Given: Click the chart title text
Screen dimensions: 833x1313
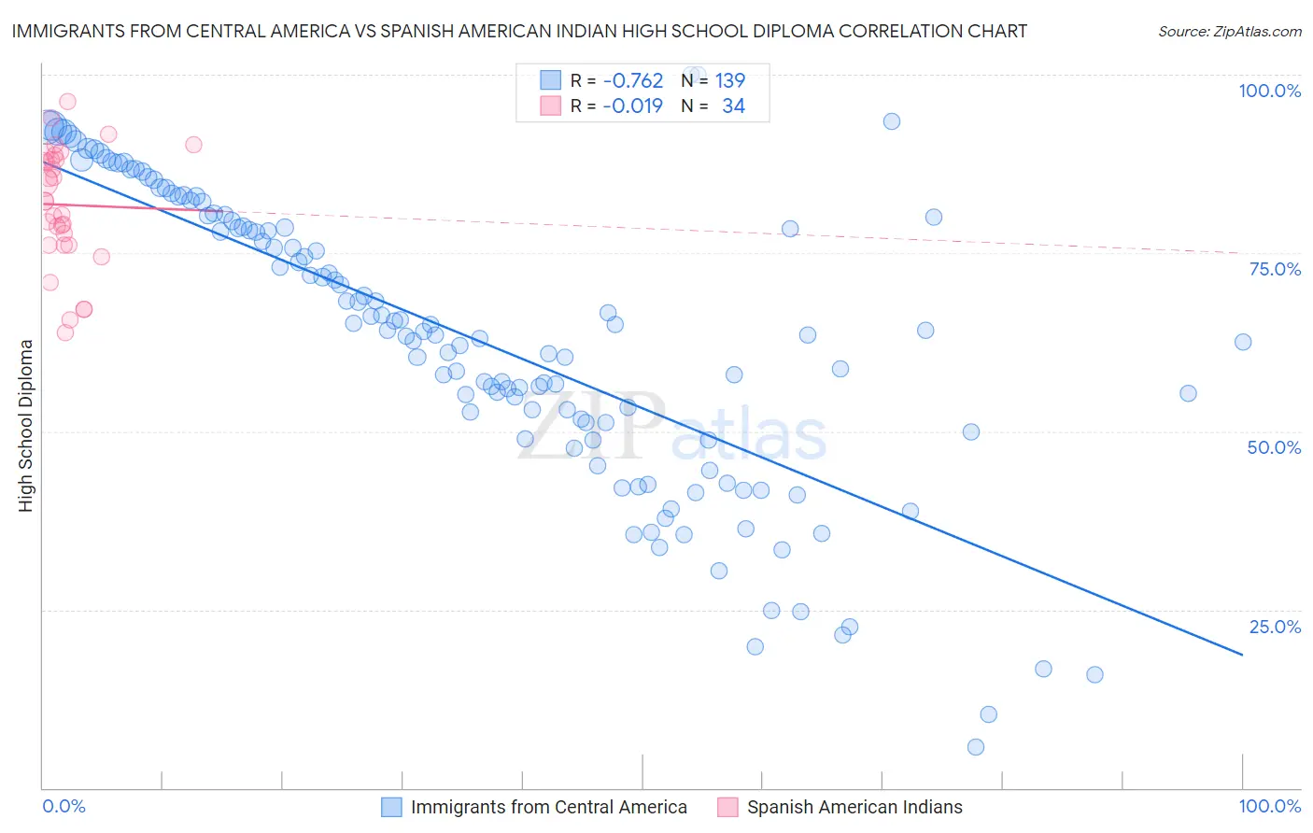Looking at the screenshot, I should click(519, 31).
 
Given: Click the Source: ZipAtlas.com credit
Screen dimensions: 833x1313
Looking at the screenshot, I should click(1229, 32).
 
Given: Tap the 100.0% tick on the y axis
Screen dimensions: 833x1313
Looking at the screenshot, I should click(1269, 91).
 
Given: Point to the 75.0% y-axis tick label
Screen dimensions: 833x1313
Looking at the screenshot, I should click(1275, 269).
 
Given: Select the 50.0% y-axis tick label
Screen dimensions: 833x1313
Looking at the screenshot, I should click(1274, 447).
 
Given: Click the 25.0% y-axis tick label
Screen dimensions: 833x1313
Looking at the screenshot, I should click(1275, 627).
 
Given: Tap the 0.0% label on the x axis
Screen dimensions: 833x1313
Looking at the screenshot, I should click(64, 806).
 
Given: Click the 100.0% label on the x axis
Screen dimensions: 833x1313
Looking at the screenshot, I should click(1269, 806).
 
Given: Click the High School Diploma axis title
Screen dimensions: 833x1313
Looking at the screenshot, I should click(26, 425).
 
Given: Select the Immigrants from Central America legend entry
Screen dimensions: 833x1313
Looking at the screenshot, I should click(548, 807).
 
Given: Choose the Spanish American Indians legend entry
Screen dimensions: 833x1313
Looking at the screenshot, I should click(854, 807).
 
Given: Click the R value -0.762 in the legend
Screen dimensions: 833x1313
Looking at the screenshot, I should click(633, 81).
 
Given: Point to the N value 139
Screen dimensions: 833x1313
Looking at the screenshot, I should click(730, 81).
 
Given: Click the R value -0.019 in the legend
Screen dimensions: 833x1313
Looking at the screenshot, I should click(633, 106).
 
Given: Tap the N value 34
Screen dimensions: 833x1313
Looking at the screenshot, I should click(733, 106).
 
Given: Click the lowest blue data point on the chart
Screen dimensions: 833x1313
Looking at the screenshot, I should click(976, 747).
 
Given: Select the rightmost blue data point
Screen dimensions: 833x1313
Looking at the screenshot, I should click(1243, 342).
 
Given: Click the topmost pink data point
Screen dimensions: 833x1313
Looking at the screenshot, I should click(67, 102).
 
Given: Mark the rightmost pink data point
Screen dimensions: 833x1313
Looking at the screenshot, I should click(193, 144).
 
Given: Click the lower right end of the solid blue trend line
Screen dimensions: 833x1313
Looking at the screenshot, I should click(1242, 655).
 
